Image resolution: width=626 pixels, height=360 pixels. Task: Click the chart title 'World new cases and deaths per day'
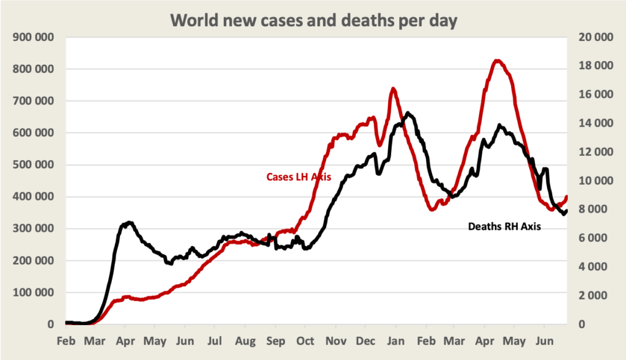(x=313, y=20)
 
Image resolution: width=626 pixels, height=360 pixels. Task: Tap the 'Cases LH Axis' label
(x=298, y=177)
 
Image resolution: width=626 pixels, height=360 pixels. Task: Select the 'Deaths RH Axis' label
(x=505, y=226)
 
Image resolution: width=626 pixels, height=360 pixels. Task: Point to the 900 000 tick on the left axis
(x=34, y=37)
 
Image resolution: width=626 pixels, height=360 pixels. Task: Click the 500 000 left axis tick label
(x=34, y=165)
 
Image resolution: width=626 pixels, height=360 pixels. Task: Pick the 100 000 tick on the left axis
(x=34, y=293)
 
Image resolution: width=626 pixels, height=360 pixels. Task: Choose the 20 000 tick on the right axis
(x=595, y=37)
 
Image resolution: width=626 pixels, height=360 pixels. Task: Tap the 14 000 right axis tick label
(x=595, y=123)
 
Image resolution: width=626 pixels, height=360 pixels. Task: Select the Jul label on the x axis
(x=214, y=340)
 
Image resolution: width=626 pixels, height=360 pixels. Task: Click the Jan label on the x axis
(x=395, y=340)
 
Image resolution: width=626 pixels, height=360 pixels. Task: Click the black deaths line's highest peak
(x=408, y=113)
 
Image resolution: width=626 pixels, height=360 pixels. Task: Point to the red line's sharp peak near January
(x=392, y=89)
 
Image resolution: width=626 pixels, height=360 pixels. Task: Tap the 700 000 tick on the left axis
(x=34, y=101)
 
